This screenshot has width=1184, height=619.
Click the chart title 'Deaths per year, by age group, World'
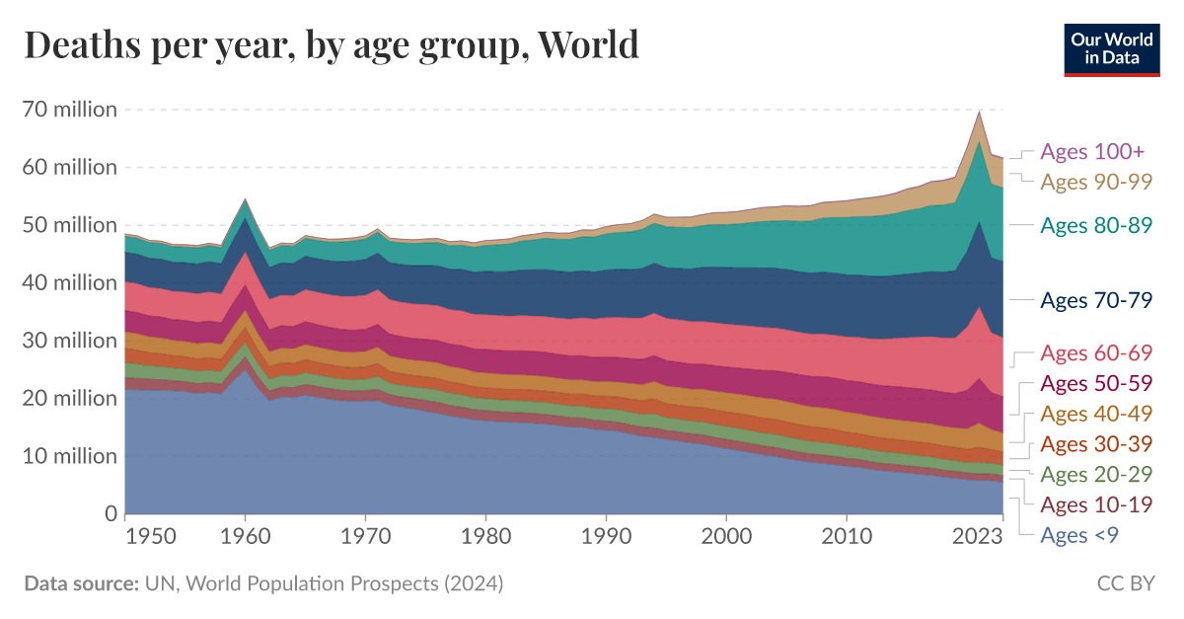pos(332,44)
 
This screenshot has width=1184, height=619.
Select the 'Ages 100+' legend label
pos(1092,152)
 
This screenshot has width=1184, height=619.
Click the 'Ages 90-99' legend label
pos(1096,182)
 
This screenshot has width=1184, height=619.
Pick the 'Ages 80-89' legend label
pos(1096,225)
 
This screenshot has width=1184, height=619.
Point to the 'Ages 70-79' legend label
pos(1096,301)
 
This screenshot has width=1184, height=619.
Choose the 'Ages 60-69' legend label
pos(1096,353)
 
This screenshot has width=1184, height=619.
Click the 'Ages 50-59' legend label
pos(1096,384)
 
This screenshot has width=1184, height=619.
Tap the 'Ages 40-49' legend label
pos(1096,414)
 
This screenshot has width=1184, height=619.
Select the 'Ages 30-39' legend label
pos(1096,444)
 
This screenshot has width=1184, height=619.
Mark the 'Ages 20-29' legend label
pos(1096,475)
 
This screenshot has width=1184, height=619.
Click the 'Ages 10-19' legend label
pos(1096,505)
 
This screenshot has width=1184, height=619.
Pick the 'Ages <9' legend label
pos(1079,535)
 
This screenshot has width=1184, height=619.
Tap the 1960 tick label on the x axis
pos(246,536)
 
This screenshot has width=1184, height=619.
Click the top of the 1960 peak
pos(246,199)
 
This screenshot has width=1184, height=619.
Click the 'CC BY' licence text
pos(1126,583)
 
